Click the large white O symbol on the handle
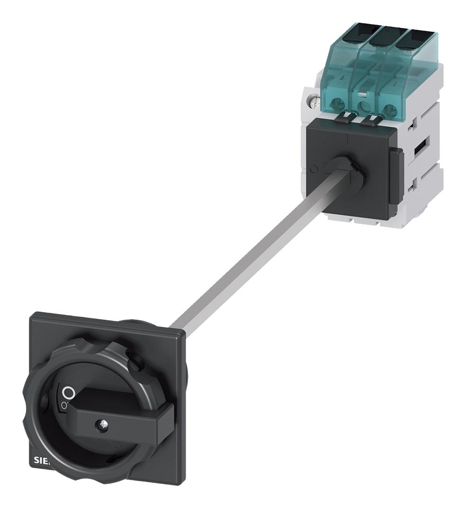click(x=69, y=392)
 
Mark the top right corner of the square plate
click(x=182, y=334)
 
